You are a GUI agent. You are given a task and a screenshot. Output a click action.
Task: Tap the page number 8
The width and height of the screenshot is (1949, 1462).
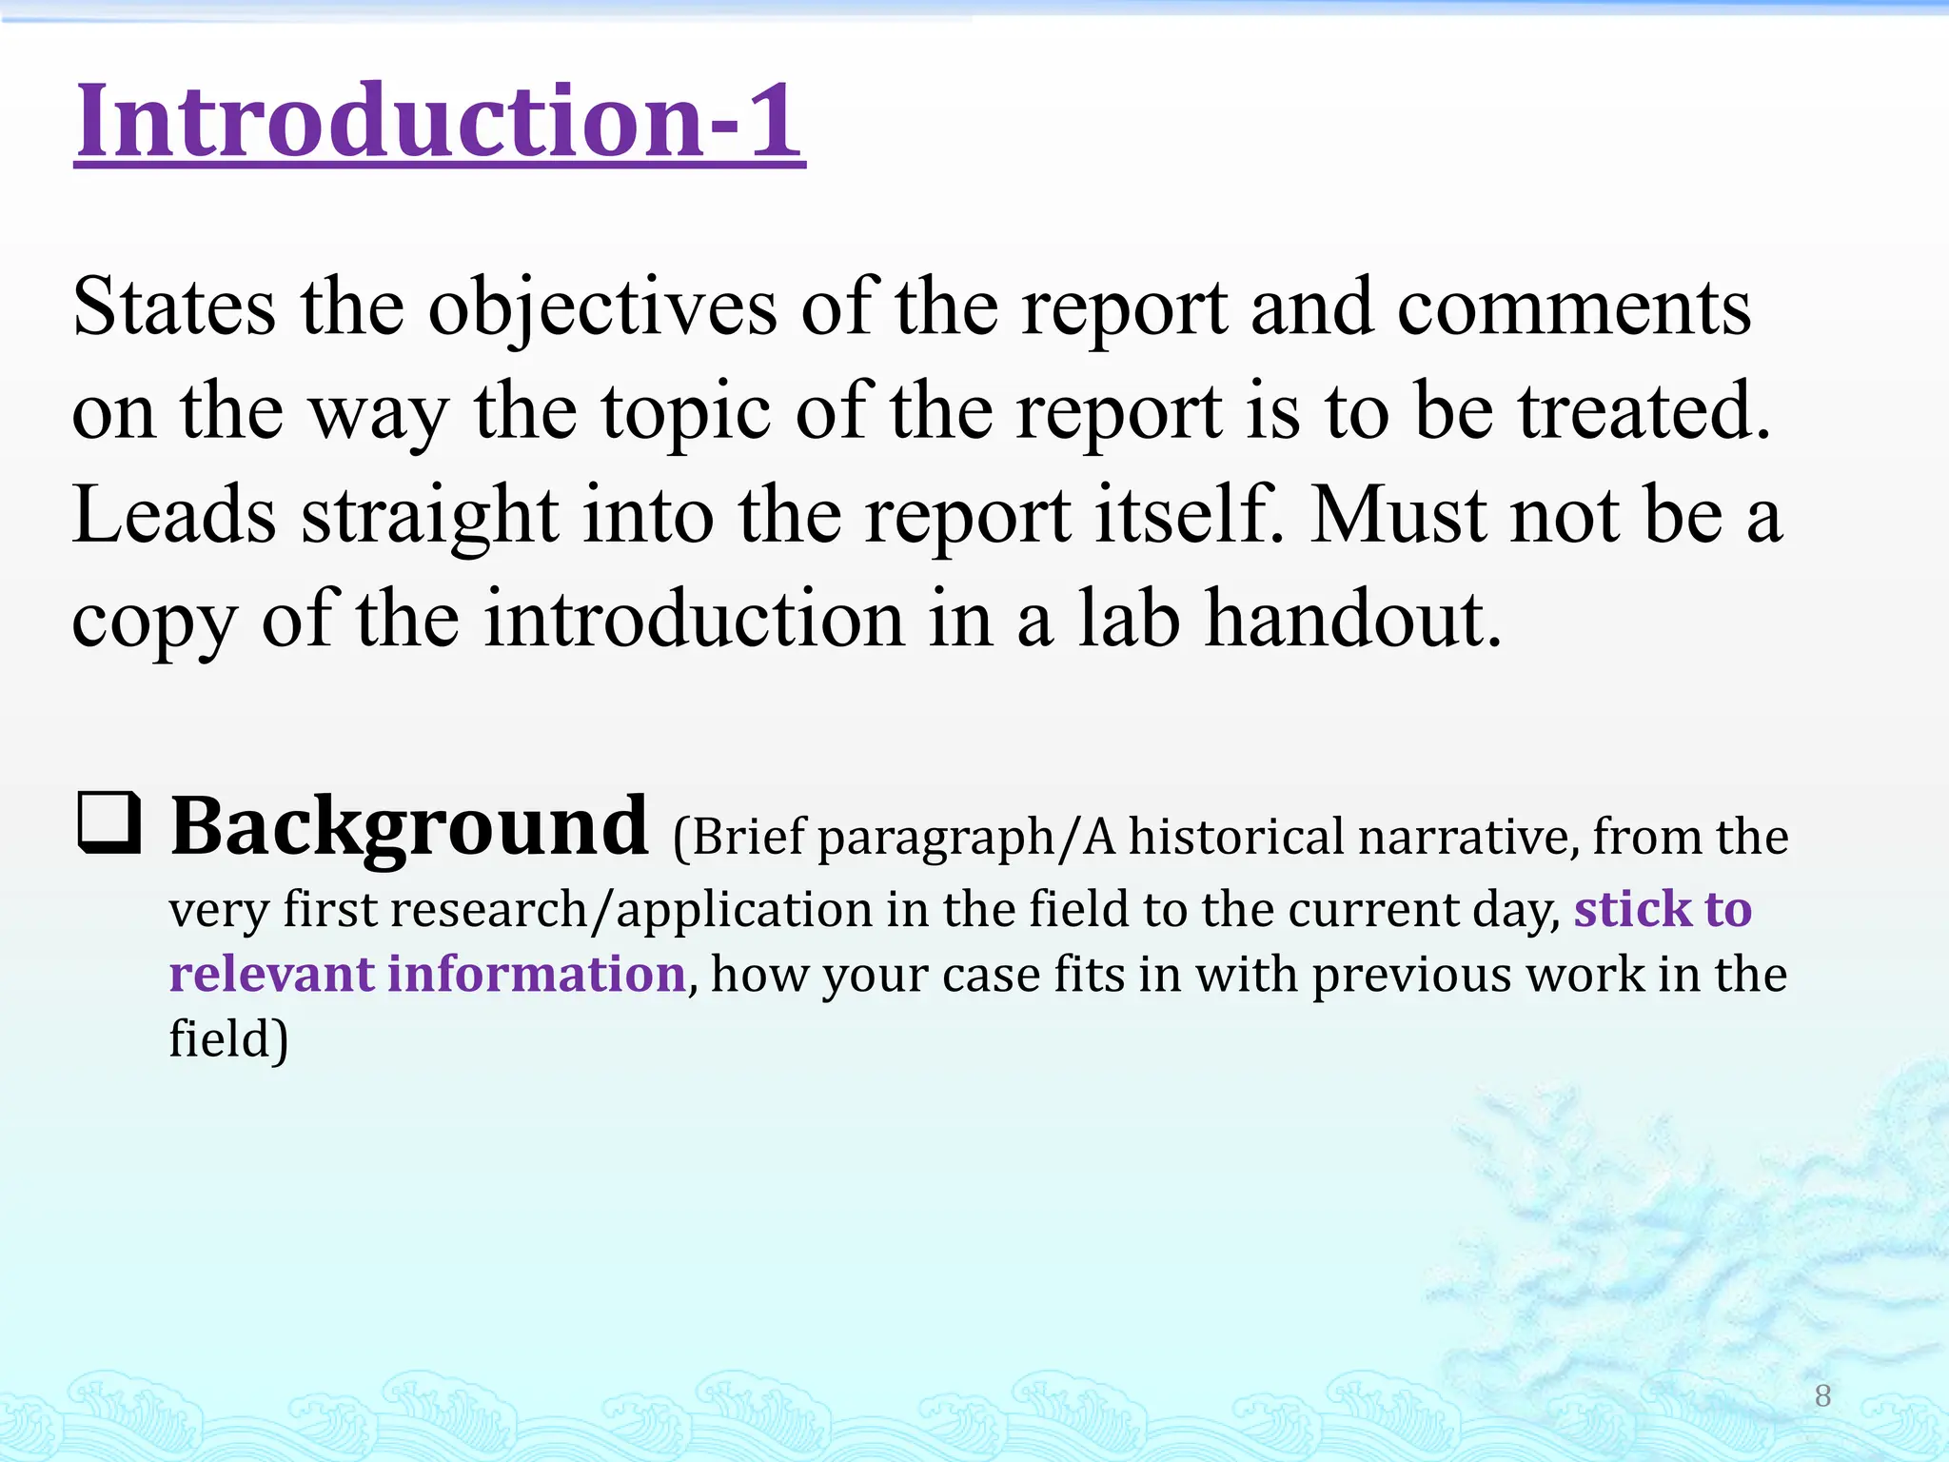(x=1822, y=1395)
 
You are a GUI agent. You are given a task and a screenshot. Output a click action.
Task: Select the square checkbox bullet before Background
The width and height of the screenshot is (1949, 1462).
(x=108, y=822)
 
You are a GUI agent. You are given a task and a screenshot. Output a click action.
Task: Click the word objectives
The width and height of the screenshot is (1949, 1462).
(x=601, y=309)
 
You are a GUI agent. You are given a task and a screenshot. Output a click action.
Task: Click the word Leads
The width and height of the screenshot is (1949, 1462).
(x=174, y=515)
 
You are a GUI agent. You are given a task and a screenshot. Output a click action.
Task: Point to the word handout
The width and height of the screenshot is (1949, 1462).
(x=1352, y=619)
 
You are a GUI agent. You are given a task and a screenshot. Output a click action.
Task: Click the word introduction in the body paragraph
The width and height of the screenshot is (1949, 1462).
(x=695, y=619)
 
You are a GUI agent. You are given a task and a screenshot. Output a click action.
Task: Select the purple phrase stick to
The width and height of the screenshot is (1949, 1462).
(x=1663, y=909)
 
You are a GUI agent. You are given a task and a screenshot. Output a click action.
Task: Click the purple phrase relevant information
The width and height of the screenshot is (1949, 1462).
(x=427, y=974)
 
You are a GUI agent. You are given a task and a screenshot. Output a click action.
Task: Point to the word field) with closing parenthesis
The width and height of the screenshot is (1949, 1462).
(x=228, y=1038)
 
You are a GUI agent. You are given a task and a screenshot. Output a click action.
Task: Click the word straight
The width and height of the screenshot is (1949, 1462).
(x=429, y=517)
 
